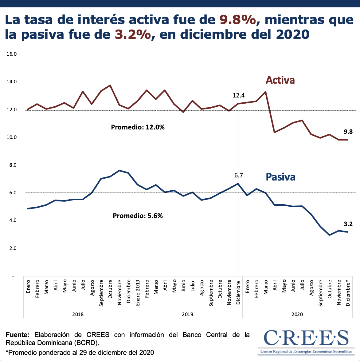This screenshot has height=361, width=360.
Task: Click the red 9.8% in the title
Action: pos(238,20)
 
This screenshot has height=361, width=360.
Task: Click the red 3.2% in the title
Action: pos(133,34)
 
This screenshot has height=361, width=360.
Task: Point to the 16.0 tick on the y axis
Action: pos(11,54)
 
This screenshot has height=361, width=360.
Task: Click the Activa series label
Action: pos(280,80)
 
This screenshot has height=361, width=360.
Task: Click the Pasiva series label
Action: pos(280,177)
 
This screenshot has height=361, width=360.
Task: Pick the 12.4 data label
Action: pos(238,96)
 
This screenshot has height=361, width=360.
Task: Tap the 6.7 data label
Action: pos(238,176)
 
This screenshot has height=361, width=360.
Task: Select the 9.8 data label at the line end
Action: pos(348,132)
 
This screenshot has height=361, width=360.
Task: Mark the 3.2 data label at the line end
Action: pos(348,224)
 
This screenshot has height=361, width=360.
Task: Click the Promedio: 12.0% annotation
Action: pos(138,127)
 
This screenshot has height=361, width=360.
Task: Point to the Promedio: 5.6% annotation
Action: pos(138,216)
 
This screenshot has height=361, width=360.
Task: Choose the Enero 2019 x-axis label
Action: pos(138,292)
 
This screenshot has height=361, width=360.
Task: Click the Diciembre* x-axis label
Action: pos(348,292)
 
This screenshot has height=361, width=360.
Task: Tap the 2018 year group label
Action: pos(78,314)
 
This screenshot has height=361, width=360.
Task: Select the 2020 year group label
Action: pos(297,314)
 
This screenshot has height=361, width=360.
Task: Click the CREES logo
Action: pos(306,341)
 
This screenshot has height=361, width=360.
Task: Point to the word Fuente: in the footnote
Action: pos(18,335)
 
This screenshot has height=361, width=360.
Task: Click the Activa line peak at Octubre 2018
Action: pos(110,85)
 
